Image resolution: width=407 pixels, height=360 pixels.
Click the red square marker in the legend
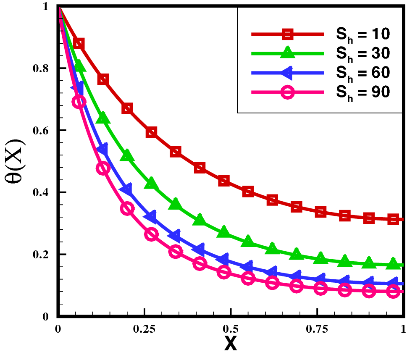pos(287,34)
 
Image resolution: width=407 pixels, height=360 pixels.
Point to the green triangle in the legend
pos(287,53)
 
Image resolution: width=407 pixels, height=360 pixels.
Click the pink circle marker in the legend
pos(287,92)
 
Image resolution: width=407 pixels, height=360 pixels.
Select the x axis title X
pos(230,345)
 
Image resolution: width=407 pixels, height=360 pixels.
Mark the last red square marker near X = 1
pos(393,219)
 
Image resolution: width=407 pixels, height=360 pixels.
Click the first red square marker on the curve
pos(79,44)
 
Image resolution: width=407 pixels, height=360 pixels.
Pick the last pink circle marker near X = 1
pos(393,291)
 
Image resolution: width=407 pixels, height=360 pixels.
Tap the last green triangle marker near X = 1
pos(393,263)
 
